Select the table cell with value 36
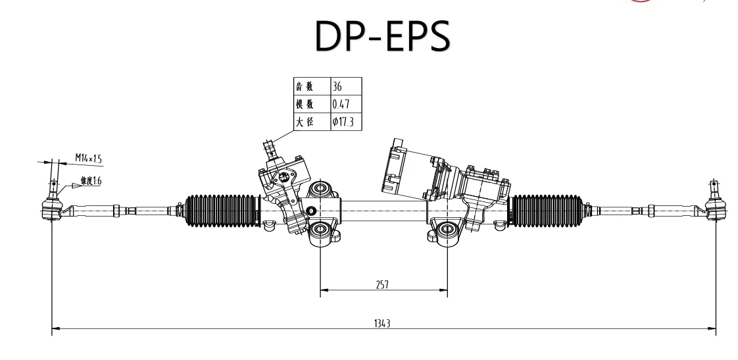pyautogui.click(x=345, y=86)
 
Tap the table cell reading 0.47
pyautogui.click(x=345, y=104)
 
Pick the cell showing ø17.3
pyautogui.click(x=345, y=122)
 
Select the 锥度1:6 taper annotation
pyautogui.click(x=91, y=180)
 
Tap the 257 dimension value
pyautogui.click(x=383, y=284)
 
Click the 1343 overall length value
pyautogui.click(x=383, y=322)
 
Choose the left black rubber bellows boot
pyautogui.click(x=221, y=211)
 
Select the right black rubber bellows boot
pyautogui.click(x=545, y=211)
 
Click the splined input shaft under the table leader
pyautogui.click(x=269, y=146)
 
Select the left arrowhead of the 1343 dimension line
pyautogui.click(x=55, y=327)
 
